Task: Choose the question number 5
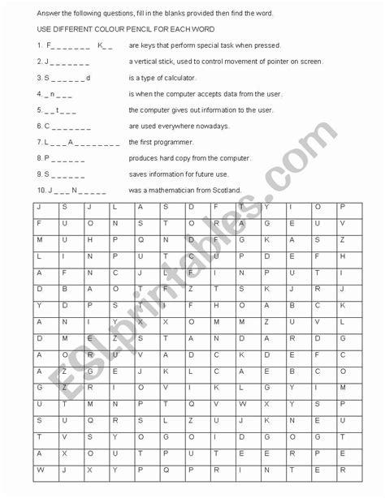tap(39, 109)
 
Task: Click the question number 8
tap(39, 158)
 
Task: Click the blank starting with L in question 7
tap(82, 142)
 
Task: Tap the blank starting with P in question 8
tap(64, 158)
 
